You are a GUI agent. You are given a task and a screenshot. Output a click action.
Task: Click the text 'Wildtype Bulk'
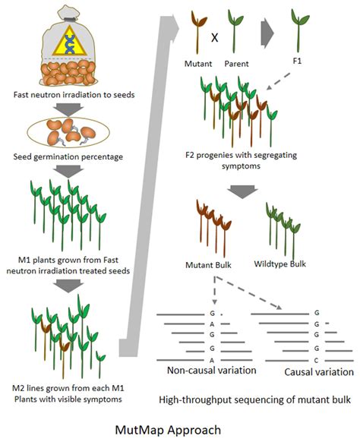(287, 267)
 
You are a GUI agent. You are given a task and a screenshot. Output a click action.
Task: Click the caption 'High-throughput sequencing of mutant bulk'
(255, 399)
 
